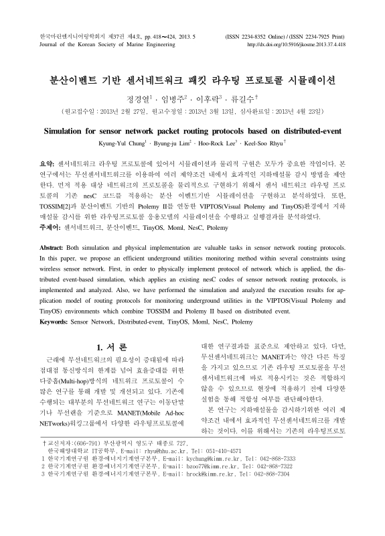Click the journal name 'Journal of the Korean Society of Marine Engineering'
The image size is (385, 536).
(x=107, y=44)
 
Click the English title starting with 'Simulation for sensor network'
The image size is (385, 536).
(x=193, y=129)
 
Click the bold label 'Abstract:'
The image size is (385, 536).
(x=54, y=266)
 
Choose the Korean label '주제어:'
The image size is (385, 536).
(x=51, y=227)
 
